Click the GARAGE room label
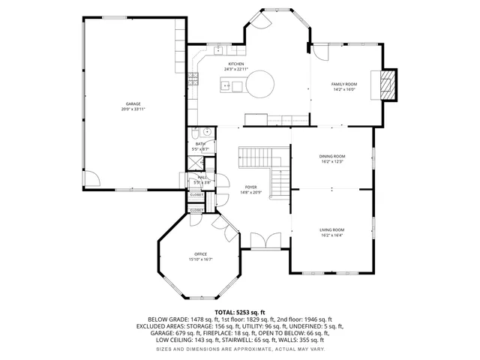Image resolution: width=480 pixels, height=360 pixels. [x=133, y=104]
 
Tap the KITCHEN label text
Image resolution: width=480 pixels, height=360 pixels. [x=236, y=64]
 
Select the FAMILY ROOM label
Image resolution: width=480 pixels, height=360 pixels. [x=344, y=84]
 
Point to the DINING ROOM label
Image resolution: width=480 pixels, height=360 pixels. [x=331, y=156]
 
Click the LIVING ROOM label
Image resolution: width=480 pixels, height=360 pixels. [x=331, y=229]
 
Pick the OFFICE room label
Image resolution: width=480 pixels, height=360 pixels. [x=200, y=254]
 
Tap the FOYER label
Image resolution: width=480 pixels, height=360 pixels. [x=250, y=187]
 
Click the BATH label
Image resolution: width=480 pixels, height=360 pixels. [x=201, y=143]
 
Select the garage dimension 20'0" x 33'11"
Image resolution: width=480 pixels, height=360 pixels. [x=133, y=109]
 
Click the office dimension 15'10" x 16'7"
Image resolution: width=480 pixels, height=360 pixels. [x=200, y=259]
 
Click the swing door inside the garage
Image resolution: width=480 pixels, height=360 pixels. [x=91, y=179]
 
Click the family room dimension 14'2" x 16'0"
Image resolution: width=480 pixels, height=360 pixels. [x=344, y=89]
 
